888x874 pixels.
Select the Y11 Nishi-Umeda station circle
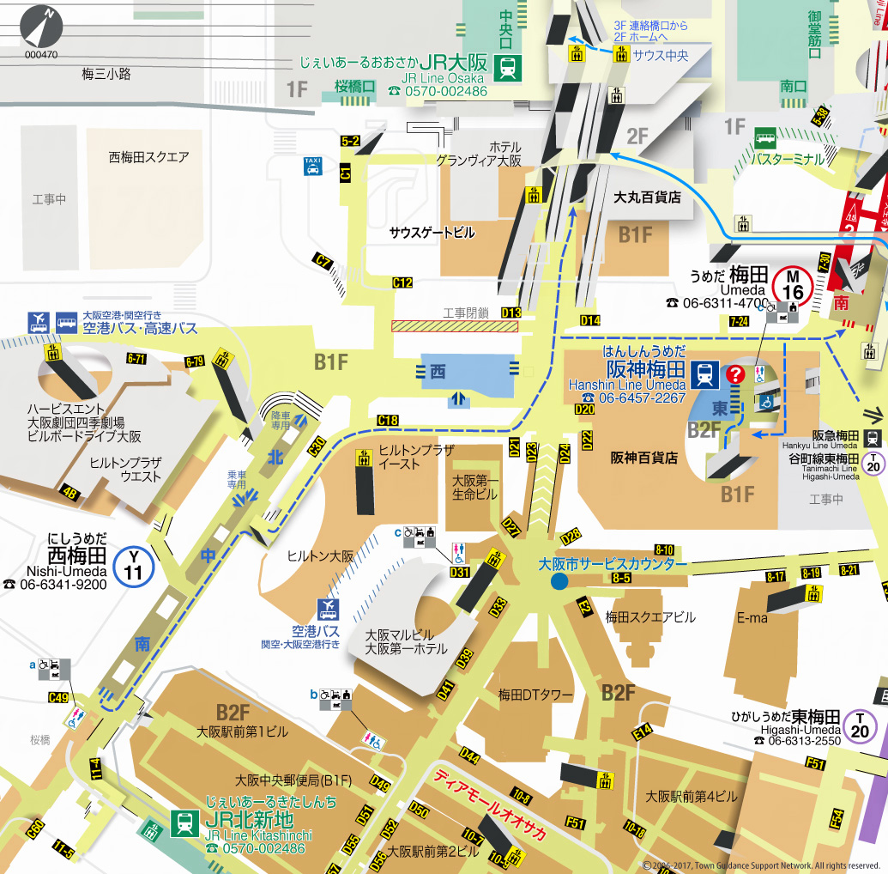(134, 566)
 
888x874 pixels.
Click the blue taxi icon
(313, 166)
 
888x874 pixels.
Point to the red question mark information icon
(735, 374)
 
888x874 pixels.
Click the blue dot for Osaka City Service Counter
(559, 583)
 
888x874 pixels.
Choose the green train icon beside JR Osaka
(509, 67)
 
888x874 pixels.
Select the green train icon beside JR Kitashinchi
(184, 823)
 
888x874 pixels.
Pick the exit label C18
(388, 420)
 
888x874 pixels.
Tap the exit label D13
(511, 313)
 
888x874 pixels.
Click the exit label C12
(402, 282)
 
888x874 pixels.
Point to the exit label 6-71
(136, 358)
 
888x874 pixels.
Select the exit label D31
(460, 572)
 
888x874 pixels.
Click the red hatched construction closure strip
(455, 325)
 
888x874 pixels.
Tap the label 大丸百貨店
(647, 197)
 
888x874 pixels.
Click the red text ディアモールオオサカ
(489, 805)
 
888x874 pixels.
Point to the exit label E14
(643, 732)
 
